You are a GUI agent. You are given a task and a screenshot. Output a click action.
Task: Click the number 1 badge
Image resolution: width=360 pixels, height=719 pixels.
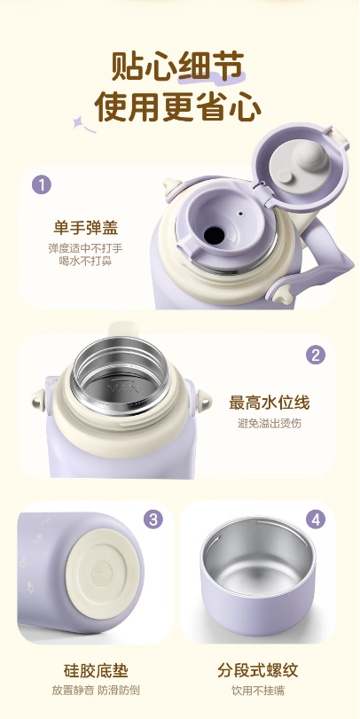[42, 185]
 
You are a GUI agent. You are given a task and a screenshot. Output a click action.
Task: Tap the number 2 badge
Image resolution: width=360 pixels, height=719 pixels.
[316, 355]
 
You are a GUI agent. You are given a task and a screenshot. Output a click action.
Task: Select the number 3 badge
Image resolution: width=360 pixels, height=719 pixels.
[153, 520]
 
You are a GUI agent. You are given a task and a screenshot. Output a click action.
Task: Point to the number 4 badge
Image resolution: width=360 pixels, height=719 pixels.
[316, 520]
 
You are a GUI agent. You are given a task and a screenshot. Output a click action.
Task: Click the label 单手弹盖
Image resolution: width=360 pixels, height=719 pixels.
[86, 228]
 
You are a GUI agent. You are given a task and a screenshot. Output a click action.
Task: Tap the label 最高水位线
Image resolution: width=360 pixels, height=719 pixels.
[270, 402]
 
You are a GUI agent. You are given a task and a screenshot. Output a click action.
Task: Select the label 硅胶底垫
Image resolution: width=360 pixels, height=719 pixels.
[96, 670]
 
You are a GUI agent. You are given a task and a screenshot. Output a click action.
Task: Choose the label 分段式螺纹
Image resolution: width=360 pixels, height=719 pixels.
[258, 670]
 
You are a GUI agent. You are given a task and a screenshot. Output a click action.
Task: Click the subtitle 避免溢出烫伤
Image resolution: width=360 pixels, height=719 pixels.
[270, 423]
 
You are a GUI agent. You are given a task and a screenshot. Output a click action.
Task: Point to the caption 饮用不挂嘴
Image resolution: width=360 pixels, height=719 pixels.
[258, 691]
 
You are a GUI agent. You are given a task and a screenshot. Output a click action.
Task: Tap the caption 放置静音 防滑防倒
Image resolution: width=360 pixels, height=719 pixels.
[96, 691]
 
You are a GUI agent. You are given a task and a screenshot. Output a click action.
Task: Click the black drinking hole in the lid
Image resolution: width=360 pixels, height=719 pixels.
[215, 235]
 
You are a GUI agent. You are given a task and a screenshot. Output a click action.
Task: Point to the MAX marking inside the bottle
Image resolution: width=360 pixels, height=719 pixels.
[116, 388]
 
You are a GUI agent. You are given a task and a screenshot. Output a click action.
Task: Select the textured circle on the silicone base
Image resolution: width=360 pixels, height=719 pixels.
[102, 574]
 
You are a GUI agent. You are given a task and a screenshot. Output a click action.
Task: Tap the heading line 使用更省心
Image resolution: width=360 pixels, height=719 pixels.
[178, 107]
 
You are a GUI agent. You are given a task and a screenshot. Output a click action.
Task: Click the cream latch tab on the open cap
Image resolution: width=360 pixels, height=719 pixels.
[340, 137]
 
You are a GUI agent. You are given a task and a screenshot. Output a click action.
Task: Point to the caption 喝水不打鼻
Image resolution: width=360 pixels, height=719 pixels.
[86, 262]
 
